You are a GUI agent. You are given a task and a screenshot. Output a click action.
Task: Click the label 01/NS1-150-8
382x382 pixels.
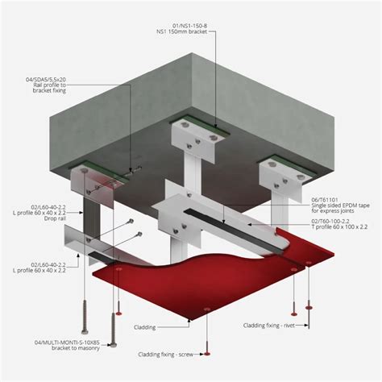pyautogui.click(x=189, y=26)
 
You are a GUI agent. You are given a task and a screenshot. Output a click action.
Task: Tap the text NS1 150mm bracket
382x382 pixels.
pyautogui.click(x=182, y=31)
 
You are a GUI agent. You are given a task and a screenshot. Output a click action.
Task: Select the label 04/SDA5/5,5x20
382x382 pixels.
pyautogui.click(x=46, y=80)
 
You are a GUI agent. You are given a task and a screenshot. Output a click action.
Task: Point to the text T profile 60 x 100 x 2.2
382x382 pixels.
pyautogui.click(x=339, y=227)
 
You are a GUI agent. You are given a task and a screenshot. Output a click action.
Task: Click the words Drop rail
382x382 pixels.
pyautogui.click(x=55, y=218)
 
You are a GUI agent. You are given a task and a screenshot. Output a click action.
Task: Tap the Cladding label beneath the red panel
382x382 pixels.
pyautogui.click(x=145, y=327)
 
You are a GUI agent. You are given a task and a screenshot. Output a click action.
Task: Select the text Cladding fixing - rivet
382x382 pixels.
pyautogui.click(x=269, y=326)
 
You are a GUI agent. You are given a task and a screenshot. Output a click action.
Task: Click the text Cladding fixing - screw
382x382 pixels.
pyautogui.click(x=165, y=355)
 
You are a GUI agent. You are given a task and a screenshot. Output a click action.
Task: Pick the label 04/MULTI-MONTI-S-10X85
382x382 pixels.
pyautogui.click(x=67, y=343)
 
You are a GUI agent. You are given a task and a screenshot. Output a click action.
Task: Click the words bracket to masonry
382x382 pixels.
pyautogui.click(x=76, y=348)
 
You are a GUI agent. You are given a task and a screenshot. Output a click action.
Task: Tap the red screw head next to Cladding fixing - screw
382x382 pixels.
pyautogui.click(x=206, y=354)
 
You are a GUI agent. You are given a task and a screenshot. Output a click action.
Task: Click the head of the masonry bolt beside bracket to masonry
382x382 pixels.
pyautogui.click(x=114, y=345)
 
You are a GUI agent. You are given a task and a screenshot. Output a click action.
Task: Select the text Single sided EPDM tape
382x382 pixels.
pyautogui.click(x=340, y=206)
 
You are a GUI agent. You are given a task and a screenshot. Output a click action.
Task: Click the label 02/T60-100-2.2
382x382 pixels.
pyautogui.click(x=330, y=222)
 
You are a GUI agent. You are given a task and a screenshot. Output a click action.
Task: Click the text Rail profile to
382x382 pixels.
pyautogui.click(x=49, y=85)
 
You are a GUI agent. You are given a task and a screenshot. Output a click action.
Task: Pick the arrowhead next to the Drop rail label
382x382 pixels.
pyautogui.click(x=81, y=213)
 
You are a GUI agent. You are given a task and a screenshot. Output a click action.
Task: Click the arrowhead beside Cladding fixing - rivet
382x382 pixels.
pyautogui.click(x=306, y=326)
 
